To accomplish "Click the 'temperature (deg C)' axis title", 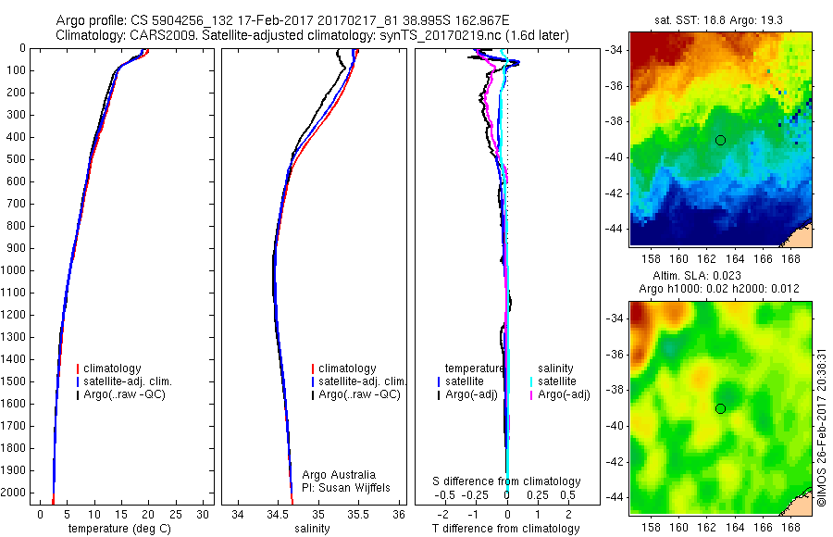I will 115,529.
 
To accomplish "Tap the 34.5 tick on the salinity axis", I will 278,513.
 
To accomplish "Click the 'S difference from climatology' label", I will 507,481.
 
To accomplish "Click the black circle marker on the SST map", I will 720,140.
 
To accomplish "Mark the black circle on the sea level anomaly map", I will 720,408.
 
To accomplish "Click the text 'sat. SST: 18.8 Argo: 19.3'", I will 720,19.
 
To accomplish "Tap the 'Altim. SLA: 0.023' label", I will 720,277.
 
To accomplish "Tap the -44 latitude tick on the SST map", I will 616,228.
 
